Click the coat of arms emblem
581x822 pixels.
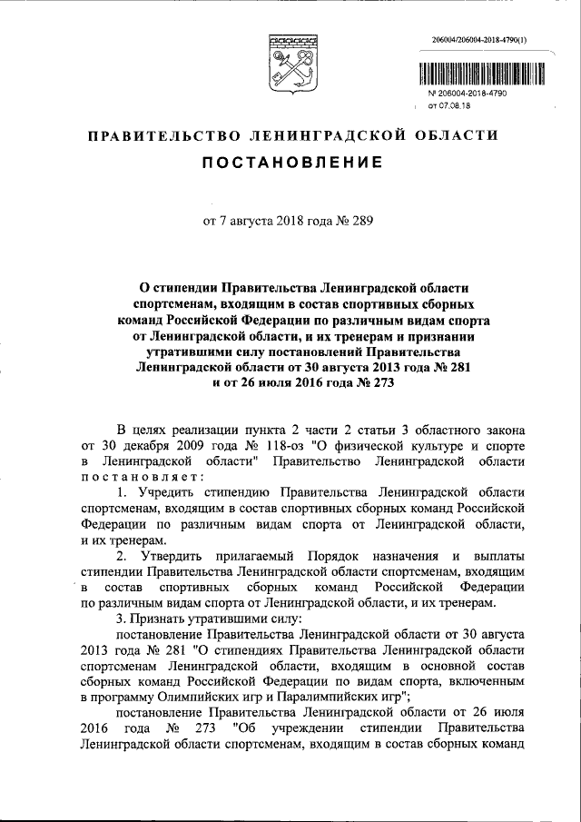point(291,61)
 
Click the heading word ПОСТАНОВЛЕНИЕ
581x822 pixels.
point(290,165)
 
